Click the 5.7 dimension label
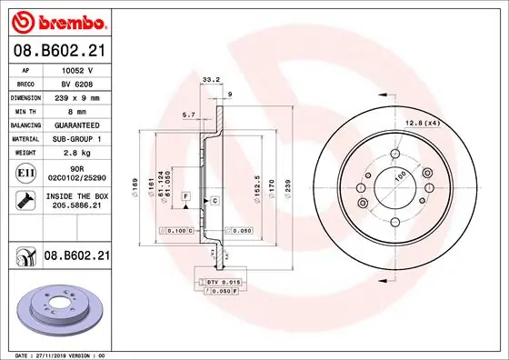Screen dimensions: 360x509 [189, 115]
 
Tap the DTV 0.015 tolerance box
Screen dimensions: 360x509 [217, 285]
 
